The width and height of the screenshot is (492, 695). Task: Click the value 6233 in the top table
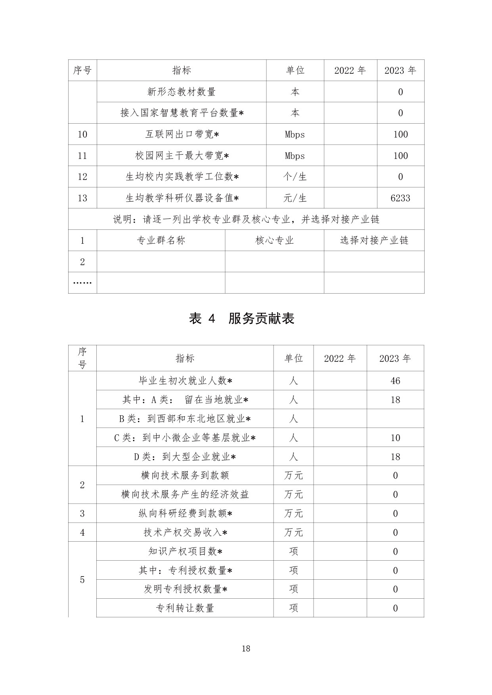pyautogui.click(x=400, y=198)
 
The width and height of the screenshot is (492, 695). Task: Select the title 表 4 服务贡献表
pyautogui.click(x=242, y=319)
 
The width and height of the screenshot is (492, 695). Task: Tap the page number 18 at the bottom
pyautogui.click(x=246, y=649)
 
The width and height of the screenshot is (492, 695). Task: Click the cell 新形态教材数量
pyautogui.click(x=182, y=92)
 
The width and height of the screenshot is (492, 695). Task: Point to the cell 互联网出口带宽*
pyautogui.click(x=182, y=134)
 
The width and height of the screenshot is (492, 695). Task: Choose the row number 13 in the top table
pyautogui.click(x=82, y=198)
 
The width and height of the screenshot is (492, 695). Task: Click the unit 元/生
pyautogui.click(x=295, y=198)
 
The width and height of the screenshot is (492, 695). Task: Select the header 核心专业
pyautogui.click(x=274, y=241)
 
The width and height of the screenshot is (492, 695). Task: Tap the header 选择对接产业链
pyautogui.click(x=374, y=241)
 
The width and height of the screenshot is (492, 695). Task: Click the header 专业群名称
pyautogui.click(x=161, y=241)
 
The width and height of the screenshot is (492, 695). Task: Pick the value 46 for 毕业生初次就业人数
pyautogui.click(x=395, y=381)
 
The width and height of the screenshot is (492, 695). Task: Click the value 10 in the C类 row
pyautogui.click(x=395, y=438)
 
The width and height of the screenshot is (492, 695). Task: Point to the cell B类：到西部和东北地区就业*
pyautogui.click(x=185, y=419)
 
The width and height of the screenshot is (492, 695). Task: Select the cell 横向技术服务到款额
pyautogui.click(x=185, y=475)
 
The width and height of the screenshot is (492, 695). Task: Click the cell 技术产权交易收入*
pyautogui.click(x=185, y=533)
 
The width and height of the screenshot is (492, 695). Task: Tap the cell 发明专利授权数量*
pyautogui.click(x=185, y=589)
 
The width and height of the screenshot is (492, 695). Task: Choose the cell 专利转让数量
pyautogui.click(x=185, y=608)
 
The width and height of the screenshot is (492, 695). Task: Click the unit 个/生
pyautogui.click(x=295, y=177)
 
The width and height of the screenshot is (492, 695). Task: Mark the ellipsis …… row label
pyautogui.click(x=82, y=283)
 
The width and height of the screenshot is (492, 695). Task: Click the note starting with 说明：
pyautogui.click(x=246, y=219)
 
